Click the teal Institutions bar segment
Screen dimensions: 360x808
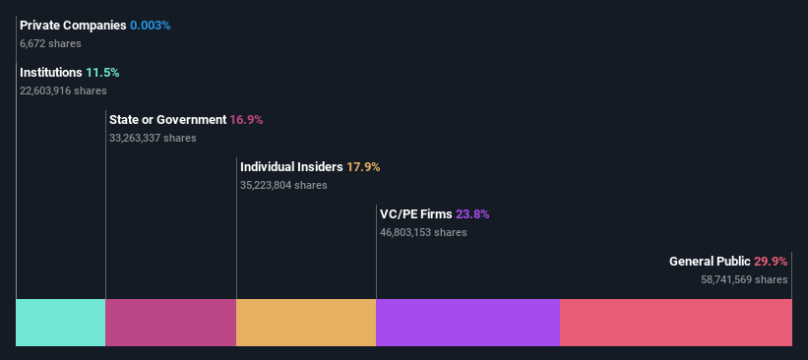61,323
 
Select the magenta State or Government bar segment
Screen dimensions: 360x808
170,323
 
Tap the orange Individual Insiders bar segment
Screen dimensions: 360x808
306,323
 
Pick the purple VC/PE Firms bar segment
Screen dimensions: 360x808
467,323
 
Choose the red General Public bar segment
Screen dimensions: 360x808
676,323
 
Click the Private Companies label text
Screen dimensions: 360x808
73,25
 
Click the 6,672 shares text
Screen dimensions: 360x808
50,43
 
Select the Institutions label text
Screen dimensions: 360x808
51,73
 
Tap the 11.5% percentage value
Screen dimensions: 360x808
102,73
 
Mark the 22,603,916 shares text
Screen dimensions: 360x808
63,90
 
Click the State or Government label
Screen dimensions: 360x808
167,120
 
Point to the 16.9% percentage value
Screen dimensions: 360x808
246,120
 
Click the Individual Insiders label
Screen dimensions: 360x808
291,167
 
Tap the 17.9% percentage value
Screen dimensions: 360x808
363,167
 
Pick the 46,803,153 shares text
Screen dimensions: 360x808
423,232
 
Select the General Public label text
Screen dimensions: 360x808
710,262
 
